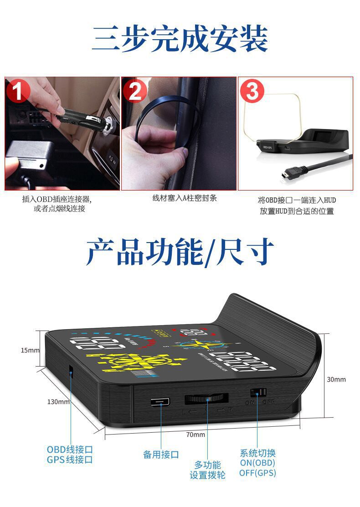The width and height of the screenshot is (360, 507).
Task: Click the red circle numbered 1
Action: click(18, 92)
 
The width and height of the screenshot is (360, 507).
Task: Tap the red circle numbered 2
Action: click(135, 92)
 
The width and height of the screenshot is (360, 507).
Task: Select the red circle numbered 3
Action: click(252, 92)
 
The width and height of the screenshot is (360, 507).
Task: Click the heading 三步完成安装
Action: click(180, 39)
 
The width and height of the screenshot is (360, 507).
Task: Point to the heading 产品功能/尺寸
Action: click(180, 252)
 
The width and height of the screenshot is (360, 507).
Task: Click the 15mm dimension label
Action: click(30, 350)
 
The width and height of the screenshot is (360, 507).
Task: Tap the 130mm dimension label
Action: click(58, 402)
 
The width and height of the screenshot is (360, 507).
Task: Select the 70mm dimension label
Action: click(195, 435)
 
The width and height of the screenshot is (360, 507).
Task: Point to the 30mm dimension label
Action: click(336, 379)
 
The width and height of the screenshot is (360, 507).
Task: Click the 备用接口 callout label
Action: click(161, 455)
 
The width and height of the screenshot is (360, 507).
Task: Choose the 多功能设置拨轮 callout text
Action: click(207, 470)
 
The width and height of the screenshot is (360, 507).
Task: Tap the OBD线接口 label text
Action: click(70, 449)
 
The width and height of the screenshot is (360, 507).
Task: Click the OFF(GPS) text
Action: click(257, 473)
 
